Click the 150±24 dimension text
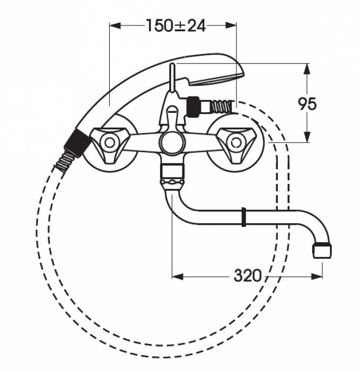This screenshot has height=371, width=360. [176, 25]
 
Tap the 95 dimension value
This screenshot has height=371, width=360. [307, 104]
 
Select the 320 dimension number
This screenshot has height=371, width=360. [248, 276]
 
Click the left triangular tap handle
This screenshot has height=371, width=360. [109, 144]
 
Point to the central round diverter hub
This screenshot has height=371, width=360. [172, 143]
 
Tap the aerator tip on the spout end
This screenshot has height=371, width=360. [322, 250]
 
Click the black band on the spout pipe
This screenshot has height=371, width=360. [244, 217]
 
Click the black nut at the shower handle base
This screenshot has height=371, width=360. [77, 143]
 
